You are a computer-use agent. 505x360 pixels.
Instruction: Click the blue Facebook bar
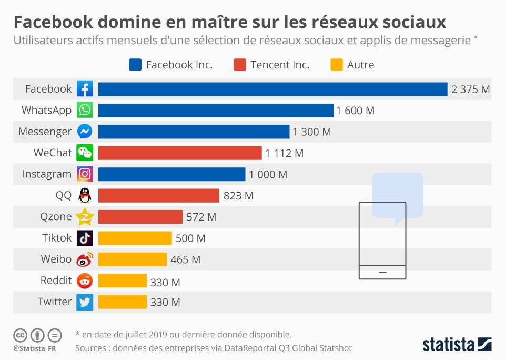coord(272,89)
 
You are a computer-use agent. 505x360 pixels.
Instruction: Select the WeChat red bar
coord(179,153)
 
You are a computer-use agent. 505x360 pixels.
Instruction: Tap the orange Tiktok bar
coord(135,238)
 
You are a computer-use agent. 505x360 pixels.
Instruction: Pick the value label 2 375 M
coord(470,89)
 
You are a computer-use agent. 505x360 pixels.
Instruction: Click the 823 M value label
coord(238,196)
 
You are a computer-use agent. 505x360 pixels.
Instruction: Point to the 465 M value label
coord(185,259)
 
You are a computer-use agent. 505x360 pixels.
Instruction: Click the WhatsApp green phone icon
coord(85,111)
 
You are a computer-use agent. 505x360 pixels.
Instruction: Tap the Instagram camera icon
coord(85,174)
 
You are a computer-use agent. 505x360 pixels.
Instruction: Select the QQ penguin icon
coord(85,195)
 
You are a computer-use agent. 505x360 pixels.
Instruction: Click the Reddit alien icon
coord(85,281)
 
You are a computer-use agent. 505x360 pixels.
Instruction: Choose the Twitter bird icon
coord(85,302)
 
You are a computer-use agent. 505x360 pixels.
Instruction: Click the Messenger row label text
coord(45,132)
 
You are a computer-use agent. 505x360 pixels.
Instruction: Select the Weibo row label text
coord(56,259)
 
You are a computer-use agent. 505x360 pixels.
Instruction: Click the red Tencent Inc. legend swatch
coord(239,65)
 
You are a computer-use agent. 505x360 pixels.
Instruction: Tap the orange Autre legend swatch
coord(337,65)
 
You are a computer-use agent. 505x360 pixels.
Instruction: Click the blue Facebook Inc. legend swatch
coord(135,65)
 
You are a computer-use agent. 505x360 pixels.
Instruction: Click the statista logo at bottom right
coord(457,345)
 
